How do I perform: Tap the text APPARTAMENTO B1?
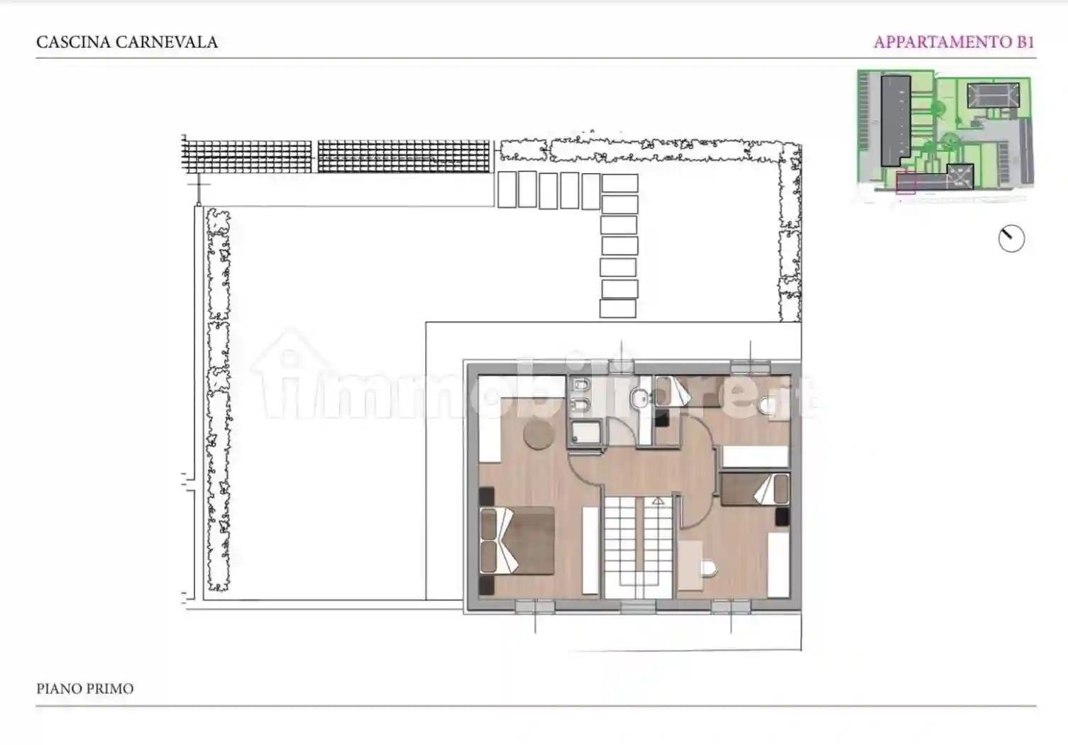pyautogui.click(x=953, y=42)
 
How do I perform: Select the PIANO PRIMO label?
pyautogui.click(x=84, y=688)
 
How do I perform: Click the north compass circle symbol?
pyautogui.click(x=1011, y=239)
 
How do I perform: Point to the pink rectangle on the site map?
pyautogui.click(x=905, y=182)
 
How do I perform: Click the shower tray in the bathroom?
pyautogui.click(x=585, y=432)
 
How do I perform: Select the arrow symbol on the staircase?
pyautogui.click(x=658, y=500)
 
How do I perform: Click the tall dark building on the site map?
pyautogui.click(x=896, y=120)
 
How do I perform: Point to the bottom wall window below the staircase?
pyautogui.click(x=637, y=607)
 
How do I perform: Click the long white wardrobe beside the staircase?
pyautogui.click(x=590, y=550)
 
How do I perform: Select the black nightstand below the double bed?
pyautogui.click(x=486, y=585)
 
